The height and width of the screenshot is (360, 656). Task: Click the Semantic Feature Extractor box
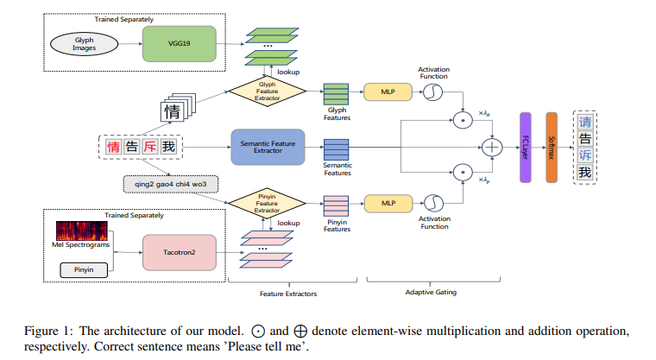[x=268, y=147]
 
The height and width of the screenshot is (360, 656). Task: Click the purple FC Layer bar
[x=525, y=147]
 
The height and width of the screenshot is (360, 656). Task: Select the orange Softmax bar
[x=552, y=147]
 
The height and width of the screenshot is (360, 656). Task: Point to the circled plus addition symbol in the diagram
[x=494, y=148]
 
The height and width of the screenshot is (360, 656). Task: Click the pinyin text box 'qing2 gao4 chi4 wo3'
[x=171, y=183]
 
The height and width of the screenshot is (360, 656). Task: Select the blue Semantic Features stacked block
[x=335, y=148]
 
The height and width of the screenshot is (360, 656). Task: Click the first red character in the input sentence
[x=114, y=148]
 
